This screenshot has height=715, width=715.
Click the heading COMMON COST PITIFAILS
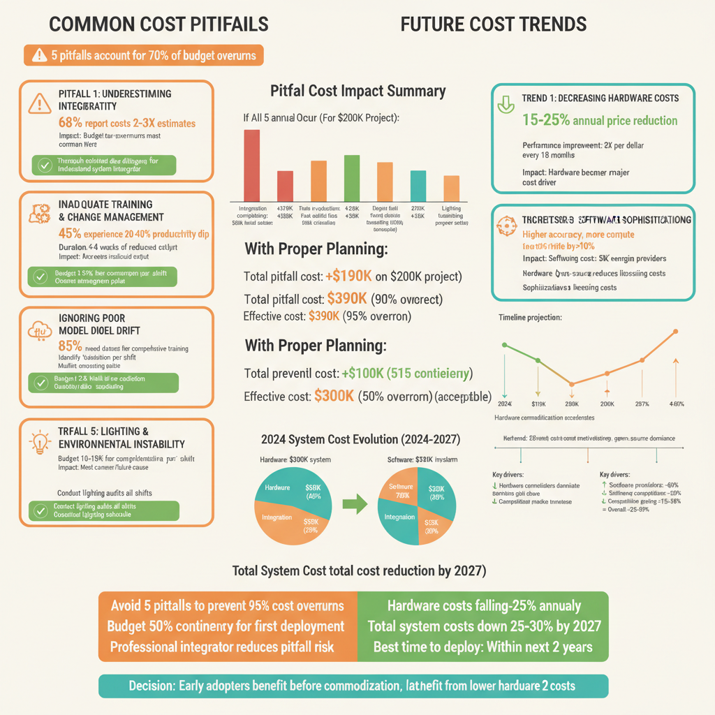pyautogui.click(x=159, y=24)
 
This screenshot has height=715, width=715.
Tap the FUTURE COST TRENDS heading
pyautogui.click(x=494, y=24)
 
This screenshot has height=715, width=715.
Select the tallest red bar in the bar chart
pyautogui.click(x=251, y=165)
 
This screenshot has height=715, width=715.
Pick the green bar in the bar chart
pyautogui.click(x=352, y=178)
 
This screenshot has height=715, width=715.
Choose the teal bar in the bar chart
pyautogui.click(x=418, y=186)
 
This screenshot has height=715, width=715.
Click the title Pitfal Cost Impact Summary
pyautogui.click(x=357, y=91)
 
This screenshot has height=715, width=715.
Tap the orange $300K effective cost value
pyautogui.click(x=334, y=396)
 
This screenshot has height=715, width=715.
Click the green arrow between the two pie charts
pyautogui.click(x=357, y=504)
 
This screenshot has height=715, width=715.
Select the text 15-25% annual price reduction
pyautogui.click(x=600, y=120)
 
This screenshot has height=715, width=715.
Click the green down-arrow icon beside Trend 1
pyautogui.click(x=504, y=105)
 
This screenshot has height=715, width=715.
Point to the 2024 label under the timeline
pyautogui.click(x=503, y=404)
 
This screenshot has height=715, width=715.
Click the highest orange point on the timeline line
pyautogui.click(x=675, y=331)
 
